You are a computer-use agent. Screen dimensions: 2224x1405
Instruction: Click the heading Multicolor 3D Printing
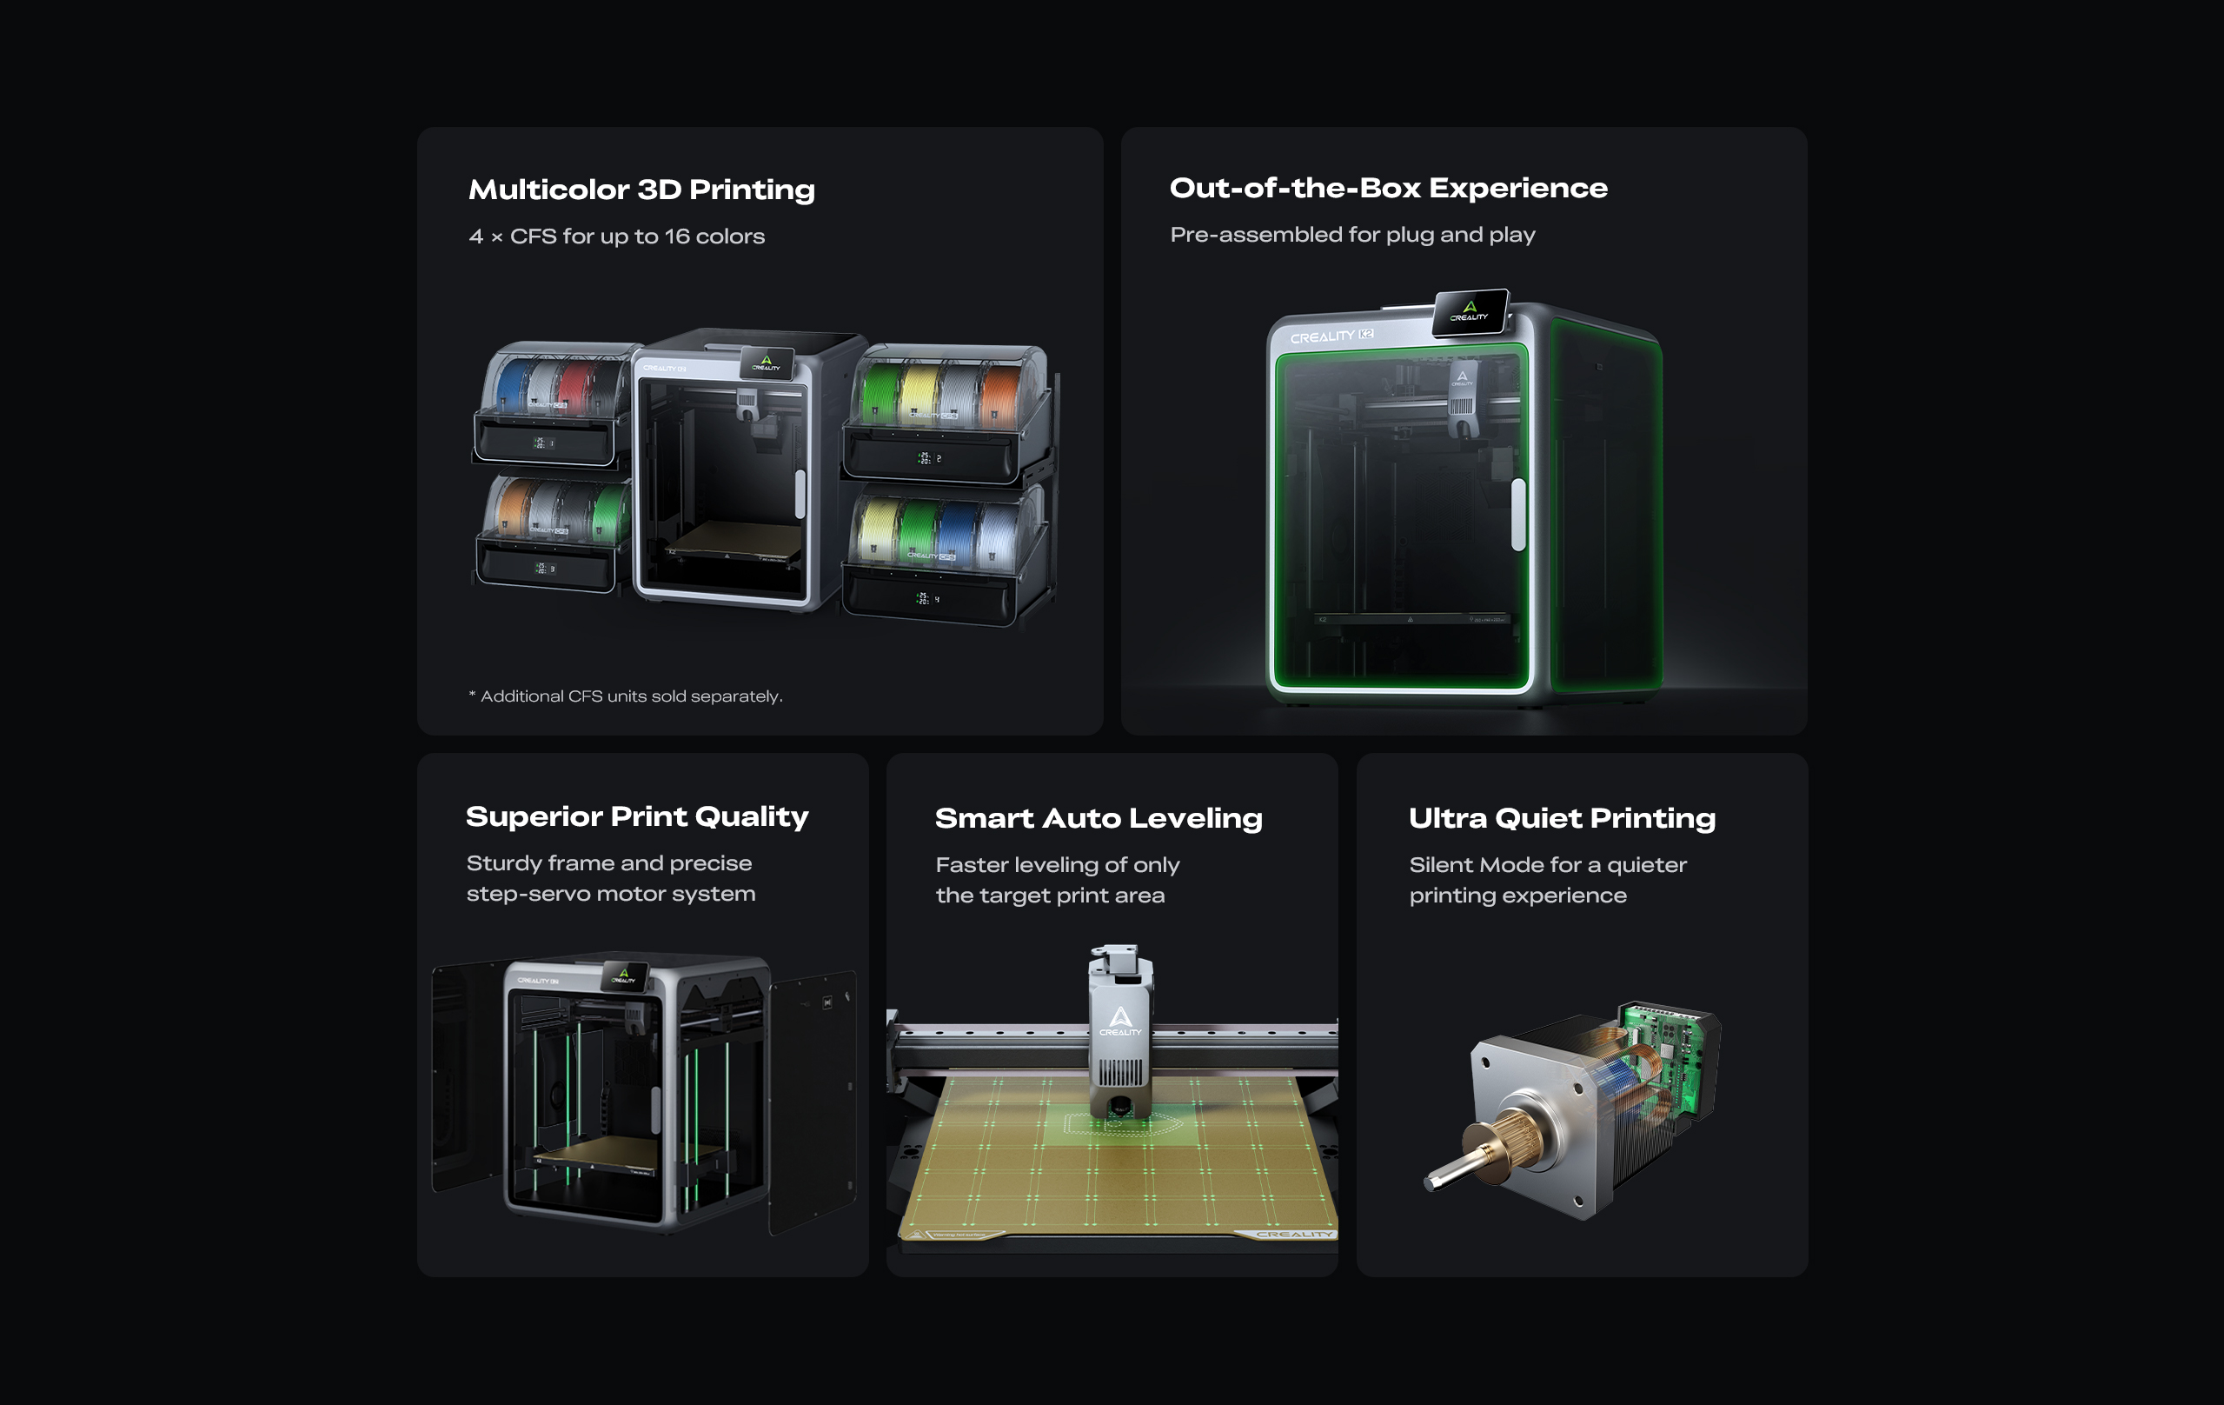pyautogui.click(x=642, y=190)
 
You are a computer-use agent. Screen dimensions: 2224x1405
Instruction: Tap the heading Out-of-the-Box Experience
pyautogui.click(x=1388, y=189)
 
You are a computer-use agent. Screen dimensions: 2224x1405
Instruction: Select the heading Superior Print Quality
pyautogui.click(x=637, y=816)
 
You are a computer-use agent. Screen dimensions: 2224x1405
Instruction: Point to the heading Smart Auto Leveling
pyautogui.click(x=1099, y=818)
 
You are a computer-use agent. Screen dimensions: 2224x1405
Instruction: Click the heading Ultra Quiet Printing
pyautogui.click(x=1562, y=818)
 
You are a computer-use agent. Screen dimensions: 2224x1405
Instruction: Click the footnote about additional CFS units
pyautogui.click(x=625, y=696)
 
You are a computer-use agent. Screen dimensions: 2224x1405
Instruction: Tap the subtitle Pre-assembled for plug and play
pyautogui.click(x=1352, y=235)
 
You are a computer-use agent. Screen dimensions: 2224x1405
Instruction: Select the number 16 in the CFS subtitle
pyautogui.click(x=677, y=236)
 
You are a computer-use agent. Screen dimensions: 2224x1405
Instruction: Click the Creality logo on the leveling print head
pyautogui.click(x=1120, y=1021)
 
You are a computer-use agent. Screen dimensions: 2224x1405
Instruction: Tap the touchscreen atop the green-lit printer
pyautogui.click(x=1470, y=311)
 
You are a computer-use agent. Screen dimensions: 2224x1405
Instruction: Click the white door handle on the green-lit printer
pyautogui.click(x=1517, y=515)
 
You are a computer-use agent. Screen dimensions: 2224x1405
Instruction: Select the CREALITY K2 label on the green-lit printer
pyautogui.click(x=1331, y=336)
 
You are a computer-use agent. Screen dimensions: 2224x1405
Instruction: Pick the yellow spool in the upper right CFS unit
pyautogui.click(x=919, y=396)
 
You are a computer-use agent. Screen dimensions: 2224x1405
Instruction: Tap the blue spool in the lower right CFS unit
pyautogui.click(x=958, y=533)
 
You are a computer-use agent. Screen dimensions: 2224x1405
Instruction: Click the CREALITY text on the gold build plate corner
pyautogui.click(x=1294, y=1234)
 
